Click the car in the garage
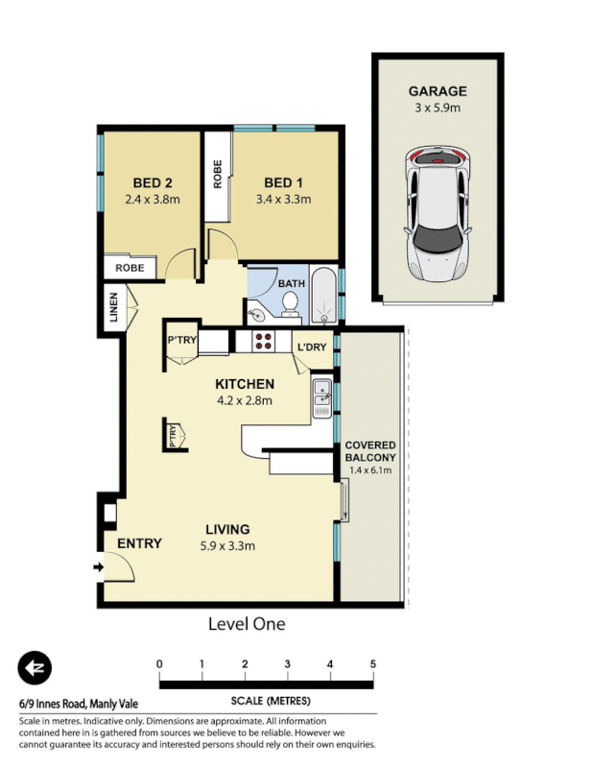[x=438, y=213]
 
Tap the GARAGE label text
[x=438, y=91]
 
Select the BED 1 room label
[x=284, y=183]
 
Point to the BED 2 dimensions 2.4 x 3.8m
[x=153, y=200]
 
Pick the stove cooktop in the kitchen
[x=264, y=342]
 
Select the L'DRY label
[x=313, y=347]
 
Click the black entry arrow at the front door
[x=97, y=567]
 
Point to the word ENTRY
[x=139, y=544]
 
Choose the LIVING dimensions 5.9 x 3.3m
[x=226, y=546]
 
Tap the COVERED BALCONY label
[x=370, y=452]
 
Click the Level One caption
[x=247, y=624]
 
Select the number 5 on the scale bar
[x=372, y=664]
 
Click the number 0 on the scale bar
[x=159, y=664]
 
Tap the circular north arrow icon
[x=36, y=668]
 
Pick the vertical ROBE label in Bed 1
[x=218, y=173]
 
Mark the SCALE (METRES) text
[x=268, y=701]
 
